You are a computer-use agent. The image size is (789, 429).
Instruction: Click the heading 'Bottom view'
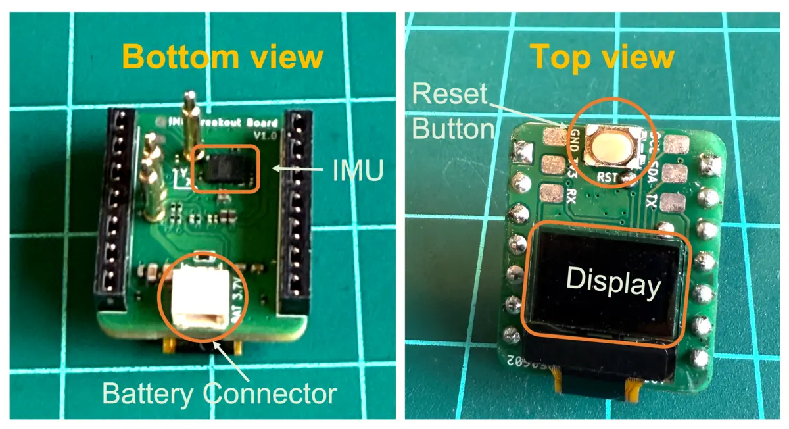pyautogui.click(x=222, y=57)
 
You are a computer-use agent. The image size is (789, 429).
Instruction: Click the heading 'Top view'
pyautogui.click(x=602, y=57)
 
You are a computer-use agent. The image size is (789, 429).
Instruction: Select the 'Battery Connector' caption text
pyautogui.click(x=219, y=394)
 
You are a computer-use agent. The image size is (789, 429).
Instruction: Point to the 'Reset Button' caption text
pyautogui.click(x=452, y=112)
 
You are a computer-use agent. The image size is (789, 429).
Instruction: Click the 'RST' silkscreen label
pyautogui.click(x=608, y=177)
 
